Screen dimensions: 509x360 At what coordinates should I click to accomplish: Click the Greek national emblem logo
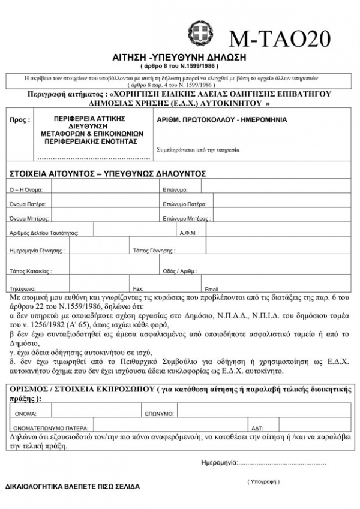click(200, 31)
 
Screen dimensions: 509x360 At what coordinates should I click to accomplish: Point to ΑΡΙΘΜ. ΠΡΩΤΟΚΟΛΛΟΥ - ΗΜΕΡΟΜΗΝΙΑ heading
click(221, 120)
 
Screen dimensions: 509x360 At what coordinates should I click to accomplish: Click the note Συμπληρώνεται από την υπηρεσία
click(197, 149)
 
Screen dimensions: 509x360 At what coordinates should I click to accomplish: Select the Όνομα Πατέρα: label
click(28, 204)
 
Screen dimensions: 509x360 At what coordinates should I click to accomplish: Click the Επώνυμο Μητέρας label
click(187, 218)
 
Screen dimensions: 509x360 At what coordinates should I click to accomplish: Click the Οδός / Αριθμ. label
click(180, 271)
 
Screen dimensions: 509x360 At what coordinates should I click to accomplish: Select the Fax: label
click(138, 288)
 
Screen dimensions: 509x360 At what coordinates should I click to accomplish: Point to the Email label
click(212, 289)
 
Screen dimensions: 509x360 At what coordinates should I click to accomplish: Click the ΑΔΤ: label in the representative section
click(257, 428)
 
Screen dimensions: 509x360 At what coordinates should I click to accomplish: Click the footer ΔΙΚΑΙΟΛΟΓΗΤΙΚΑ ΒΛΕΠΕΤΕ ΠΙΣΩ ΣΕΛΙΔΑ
click(72, 486)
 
